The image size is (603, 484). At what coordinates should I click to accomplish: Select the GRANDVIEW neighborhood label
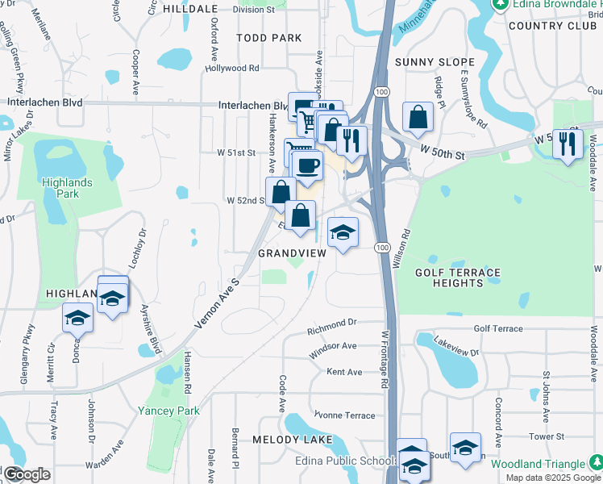pyautogui.click(x=292, y=253)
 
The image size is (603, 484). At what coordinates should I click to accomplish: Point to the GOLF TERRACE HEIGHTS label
pyautogui.click(x=458, y=277)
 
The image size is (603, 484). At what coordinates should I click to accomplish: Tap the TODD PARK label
pyautogui.click(x=269, y=38)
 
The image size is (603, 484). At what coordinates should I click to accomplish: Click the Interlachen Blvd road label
pyautogui.click(x=45, y=103)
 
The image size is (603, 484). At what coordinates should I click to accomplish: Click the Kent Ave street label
pyautogui.click(x=344, y=372)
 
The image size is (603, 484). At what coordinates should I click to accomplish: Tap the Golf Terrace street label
pyautogui.click(x=498, y=328)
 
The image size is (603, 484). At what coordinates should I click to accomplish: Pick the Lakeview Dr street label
pyautogui.click(x=457, y=347)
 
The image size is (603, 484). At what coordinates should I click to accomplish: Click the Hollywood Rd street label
pyautogui.click(x=232, y=69)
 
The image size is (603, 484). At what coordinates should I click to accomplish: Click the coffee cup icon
pyautogui.click(x=306, y=166)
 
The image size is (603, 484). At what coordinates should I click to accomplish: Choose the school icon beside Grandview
pyautogui.click(x=343, y=232)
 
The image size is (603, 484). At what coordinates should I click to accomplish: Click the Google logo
pyautogui.click(x=27, y=474)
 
